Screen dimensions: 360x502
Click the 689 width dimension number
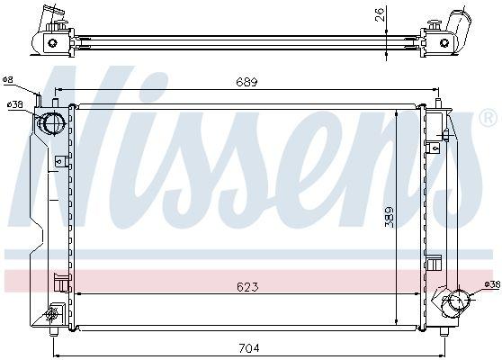pos(247,83)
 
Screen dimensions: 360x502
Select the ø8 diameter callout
pos(8,80)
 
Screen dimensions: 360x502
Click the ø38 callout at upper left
pos(15,105)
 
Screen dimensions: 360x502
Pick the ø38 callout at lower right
pos(490,284)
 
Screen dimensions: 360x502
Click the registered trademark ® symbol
pos(487,119)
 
